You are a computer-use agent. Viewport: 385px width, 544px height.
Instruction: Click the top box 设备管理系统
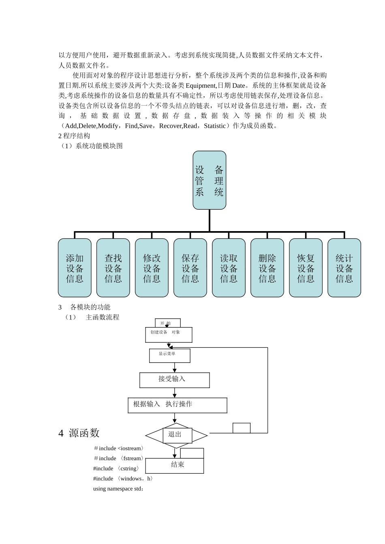click(x=209, y=180)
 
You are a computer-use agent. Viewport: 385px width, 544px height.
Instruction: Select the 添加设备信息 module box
click(x=75, y=268)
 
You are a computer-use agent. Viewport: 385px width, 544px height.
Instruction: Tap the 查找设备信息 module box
click(x=113, y=268)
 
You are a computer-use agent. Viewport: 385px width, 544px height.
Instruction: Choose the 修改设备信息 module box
click(x=152, y=268)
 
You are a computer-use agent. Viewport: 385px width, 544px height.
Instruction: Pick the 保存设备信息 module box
click(x=190, y=268)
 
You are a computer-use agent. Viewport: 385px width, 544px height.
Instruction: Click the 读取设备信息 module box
click(x=229, y=268)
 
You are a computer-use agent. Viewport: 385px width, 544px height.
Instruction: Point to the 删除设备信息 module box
click(x=267, y=268)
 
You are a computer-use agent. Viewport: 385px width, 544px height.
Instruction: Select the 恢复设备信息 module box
click(x=306, y=268)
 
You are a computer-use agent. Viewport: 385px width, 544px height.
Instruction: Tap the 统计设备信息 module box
click(x=344, y=268)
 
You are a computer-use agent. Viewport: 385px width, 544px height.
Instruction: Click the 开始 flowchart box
click(x=167, y=323)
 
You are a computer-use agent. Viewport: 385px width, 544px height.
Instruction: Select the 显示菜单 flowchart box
click(x=169, y=355)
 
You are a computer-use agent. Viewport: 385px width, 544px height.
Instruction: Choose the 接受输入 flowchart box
click(x=174, y=380)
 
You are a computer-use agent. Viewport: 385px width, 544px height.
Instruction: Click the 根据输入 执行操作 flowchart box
click(x=177, y=405)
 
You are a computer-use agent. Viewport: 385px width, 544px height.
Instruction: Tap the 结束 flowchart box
click(x=175, y=465)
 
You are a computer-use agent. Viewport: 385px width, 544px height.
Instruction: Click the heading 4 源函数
click(x=79, y=433)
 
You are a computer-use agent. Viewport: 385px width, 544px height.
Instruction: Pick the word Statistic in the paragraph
click(x=215, y=126)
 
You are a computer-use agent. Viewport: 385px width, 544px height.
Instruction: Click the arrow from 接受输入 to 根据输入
click(x=175, y=393)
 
